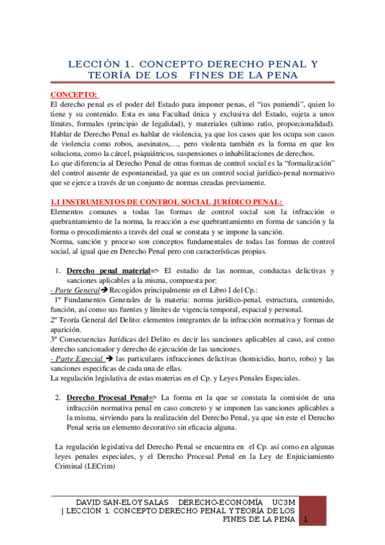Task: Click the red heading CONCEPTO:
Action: tap(74, 95)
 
